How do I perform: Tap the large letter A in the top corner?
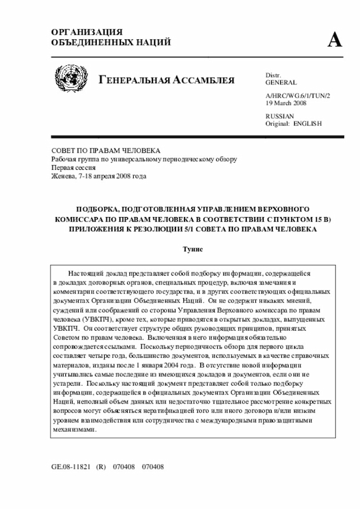[334, 39]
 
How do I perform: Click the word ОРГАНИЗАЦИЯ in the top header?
[87, 32]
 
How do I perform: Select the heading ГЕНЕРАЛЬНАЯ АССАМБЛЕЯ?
[166, 79]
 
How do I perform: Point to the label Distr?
[273, 75]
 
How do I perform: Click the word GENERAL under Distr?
[281, 83]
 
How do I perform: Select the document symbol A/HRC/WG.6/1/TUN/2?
[298, 96]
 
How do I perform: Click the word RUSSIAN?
[280, 116]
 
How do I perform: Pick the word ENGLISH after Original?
[308, 123]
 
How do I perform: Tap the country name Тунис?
[192, 249]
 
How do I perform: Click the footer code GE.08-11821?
[70, 466]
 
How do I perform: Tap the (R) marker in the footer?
[101, 466]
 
